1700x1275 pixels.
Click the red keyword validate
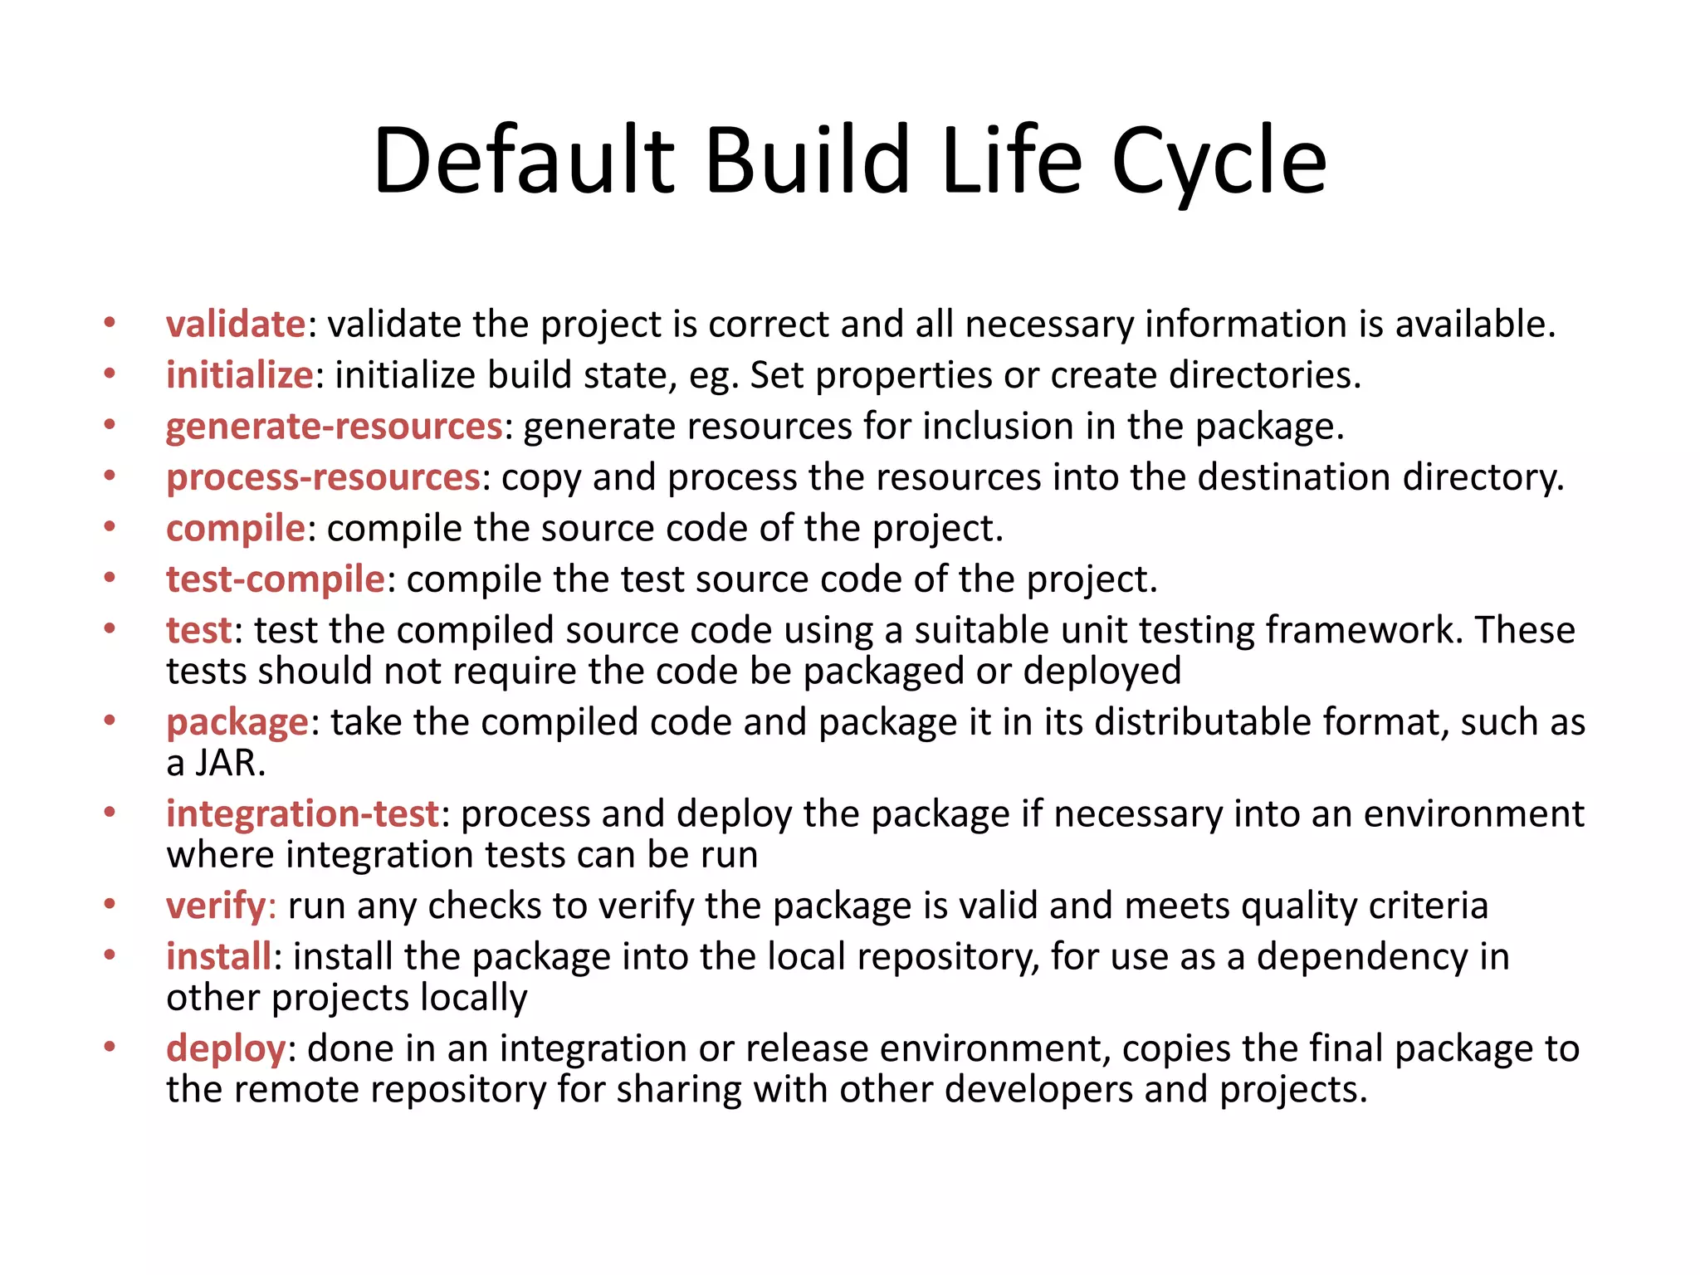click(236, 324)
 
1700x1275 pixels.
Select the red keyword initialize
click(239, 375)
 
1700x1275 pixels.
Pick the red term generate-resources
click(334, 427)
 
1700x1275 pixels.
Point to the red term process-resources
click(323, 478)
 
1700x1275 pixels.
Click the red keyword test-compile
click(276, 579)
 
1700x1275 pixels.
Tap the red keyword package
click(237, 723)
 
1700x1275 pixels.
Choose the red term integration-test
click(302, 814)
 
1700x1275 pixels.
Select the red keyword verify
click(216, 906)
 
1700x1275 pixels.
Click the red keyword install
click(218, 956)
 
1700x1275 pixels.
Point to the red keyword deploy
click(226, 1048)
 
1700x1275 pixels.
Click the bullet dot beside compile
click(110, 528)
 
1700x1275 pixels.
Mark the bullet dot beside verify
click(110, 904)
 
